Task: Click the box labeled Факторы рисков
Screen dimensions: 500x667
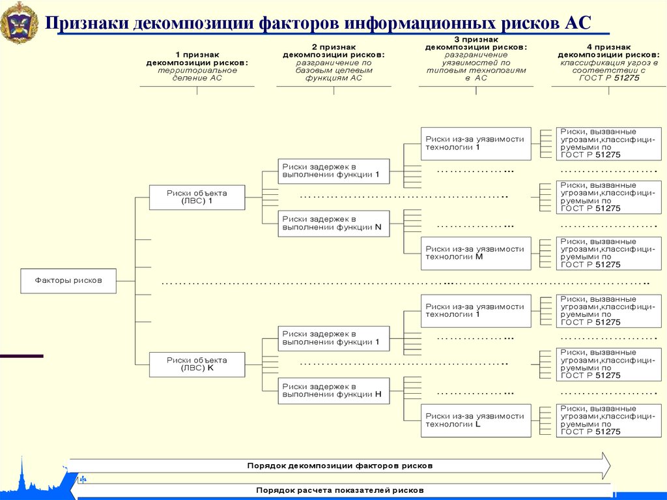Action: tap(68, 280)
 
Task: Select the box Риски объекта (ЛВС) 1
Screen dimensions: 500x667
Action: tap(197, 197)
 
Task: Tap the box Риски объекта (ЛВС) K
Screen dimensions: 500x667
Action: tap(197, 364)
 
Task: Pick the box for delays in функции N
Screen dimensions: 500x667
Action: tap(333, 223)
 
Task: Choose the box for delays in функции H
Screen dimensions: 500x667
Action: tap(333, 390)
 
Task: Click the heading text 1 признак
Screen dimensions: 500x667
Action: tap(197, 55)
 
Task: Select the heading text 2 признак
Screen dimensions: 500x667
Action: tap(333, 48)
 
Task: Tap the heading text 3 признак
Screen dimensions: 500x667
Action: tap(475, 40)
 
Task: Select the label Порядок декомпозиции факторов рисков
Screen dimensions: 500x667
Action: tap(339, 466)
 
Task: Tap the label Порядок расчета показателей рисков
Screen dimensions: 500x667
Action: tap(339, 490)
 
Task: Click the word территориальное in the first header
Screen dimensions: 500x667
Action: tap(197, 70)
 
